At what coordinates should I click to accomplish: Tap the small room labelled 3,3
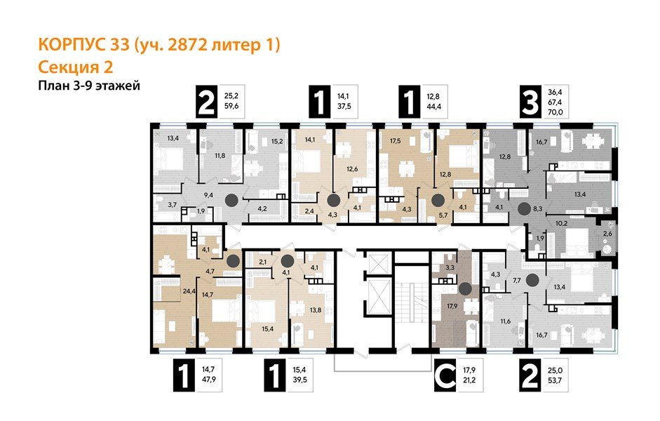450,267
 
